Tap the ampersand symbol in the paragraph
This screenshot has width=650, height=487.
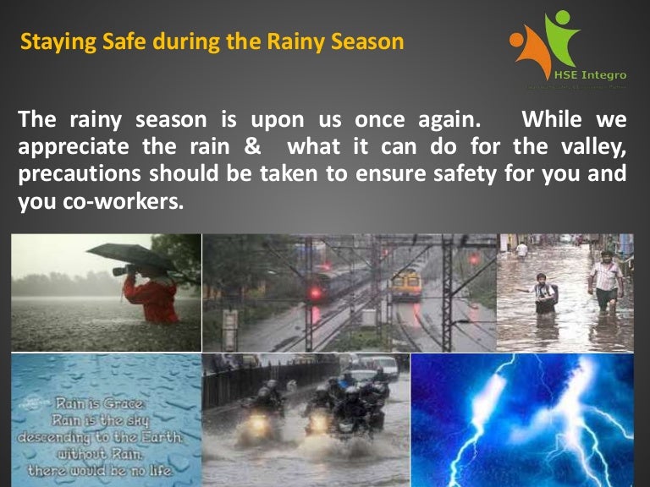(x=251, y=147)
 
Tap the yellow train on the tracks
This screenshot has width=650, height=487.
(x=406, y=284)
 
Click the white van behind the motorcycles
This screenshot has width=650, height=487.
(x=383, y=366)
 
